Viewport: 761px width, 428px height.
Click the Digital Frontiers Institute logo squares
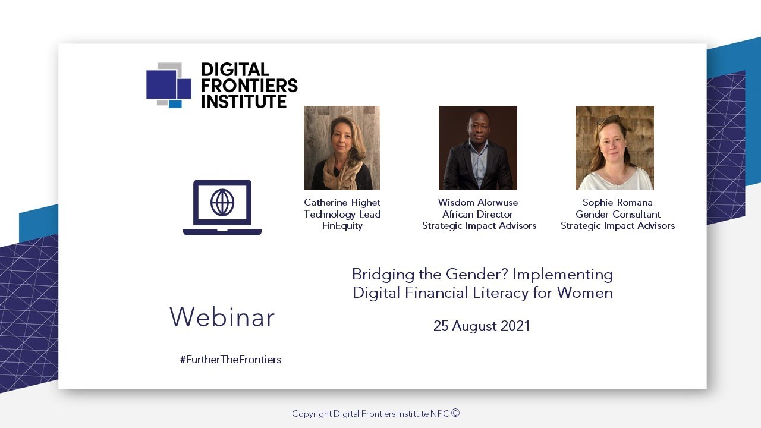point(168,85)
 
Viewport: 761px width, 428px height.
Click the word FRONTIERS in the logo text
point(249,86)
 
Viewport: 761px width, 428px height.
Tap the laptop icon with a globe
point(222,207)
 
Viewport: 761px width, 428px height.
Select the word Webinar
point(222,317)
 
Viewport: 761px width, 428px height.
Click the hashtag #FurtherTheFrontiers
point(231,360)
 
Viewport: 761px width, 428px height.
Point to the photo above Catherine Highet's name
point(342,148)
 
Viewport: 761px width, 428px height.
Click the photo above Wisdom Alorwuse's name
point(478,148)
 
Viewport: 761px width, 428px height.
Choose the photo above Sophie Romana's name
point(615,148)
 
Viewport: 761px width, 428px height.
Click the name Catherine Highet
point(342,203)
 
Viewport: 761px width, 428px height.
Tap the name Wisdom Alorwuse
point(478,203)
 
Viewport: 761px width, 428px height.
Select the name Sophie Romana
point(617,203)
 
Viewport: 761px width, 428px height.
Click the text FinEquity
point(342,226)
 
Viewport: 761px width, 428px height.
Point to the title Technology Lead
point(342,214)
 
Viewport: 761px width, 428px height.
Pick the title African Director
point(478,214)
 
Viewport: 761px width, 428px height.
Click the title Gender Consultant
point(618,214)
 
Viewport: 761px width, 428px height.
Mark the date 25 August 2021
point(482,326)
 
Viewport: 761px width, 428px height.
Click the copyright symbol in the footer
point(455,413)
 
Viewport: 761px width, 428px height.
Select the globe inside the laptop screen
point(222,203)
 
